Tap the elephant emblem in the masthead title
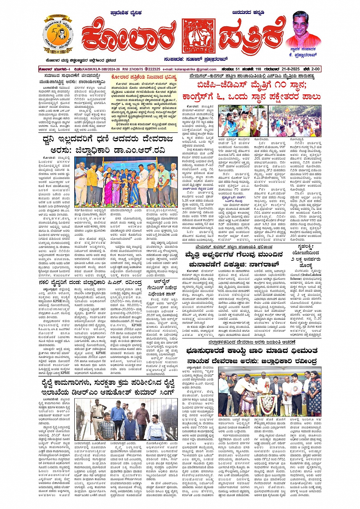click(199, 36)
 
